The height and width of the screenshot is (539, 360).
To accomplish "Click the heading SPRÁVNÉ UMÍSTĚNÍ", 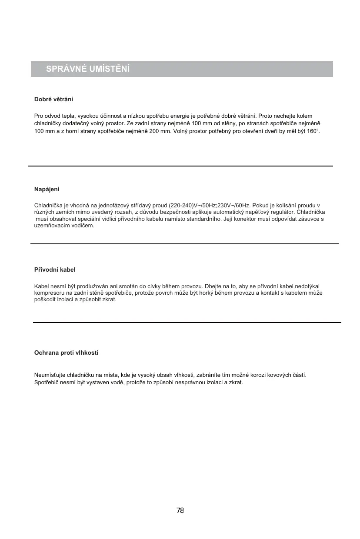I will [x=88, y=69].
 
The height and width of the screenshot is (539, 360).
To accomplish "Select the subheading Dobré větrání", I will [x=53, y=100].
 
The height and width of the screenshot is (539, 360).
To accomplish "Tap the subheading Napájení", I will [x=47, y=190].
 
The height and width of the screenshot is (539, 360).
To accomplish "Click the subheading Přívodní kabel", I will [x=55, y=270].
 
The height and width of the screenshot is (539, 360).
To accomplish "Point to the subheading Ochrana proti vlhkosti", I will [x=66, y=353].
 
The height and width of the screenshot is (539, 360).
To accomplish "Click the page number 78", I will [x=180, y=510].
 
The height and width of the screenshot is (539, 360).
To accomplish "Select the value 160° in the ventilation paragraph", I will [x=312, y=131].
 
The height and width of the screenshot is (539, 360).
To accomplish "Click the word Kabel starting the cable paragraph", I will [x=41, y=286].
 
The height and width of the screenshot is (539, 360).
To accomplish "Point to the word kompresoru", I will [x=49, y=293].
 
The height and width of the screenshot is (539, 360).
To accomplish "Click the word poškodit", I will [x=45, y=300].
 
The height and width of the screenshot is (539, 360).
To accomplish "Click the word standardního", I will [x=200, y=219].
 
